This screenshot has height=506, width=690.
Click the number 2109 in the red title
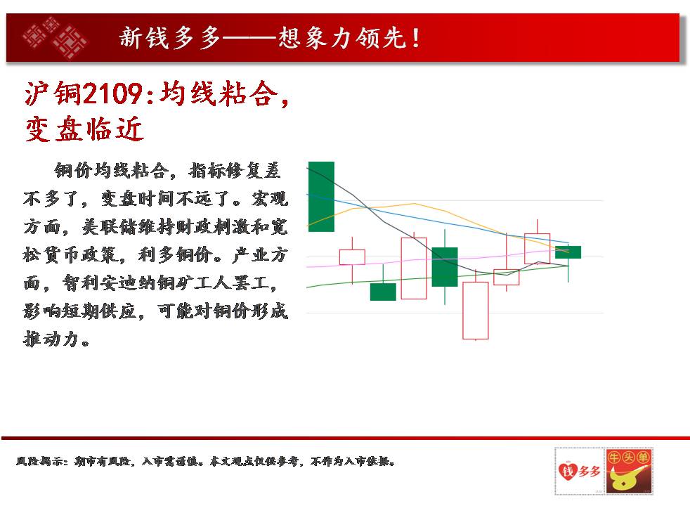pos(112,93)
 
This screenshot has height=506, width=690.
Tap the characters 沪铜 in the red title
pos(53,93)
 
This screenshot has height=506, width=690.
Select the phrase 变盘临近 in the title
pos(84,129)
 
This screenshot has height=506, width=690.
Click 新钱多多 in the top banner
pos(169,37)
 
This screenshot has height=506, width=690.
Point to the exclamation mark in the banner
pos(415,38)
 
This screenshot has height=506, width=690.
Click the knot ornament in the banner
pos(55,38)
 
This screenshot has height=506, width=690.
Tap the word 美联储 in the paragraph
pos(110,227)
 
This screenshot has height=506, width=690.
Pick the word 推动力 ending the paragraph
pos(51,339)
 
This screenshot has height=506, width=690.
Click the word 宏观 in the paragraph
pos(270,199)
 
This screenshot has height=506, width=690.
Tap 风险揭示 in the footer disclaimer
pos(39,461)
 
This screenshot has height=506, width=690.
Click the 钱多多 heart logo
pos(579,472)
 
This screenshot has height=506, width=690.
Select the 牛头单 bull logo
pos(628,472)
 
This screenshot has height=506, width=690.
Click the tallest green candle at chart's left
pos(321,197)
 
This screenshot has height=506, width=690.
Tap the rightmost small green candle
pos(568,252)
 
